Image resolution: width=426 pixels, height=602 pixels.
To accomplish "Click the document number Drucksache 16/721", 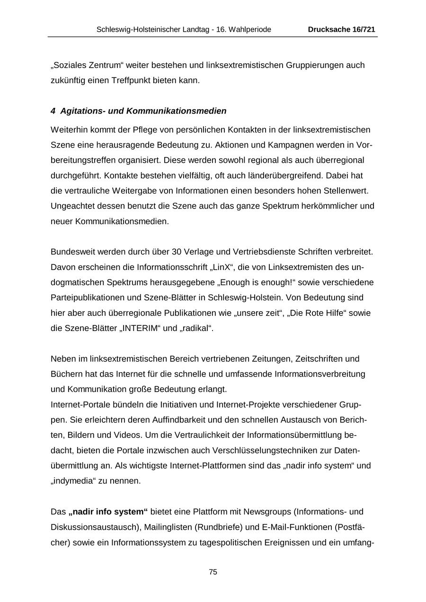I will coord(341,29).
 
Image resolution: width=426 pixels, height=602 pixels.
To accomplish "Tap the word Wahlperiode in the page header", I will coord(250,29).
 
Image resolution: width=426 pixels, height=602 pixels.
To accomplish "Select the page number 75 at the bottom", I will coord(213,572).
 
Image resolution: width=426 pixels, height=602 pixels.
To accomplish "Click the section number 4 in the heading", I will coord(53,111).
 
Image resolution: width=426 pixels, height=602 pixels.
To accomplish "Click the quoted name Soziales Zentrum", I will coord(82,65).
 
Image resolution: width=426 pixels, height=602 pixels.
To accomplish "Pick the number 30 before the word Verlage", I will coord(165,252).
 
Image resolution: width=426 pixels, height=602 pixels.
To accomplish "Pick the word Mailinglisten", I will coord(173,527).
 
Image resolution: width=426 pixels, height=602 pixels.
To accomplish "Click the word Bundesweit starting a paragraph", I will coord(73,252).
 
